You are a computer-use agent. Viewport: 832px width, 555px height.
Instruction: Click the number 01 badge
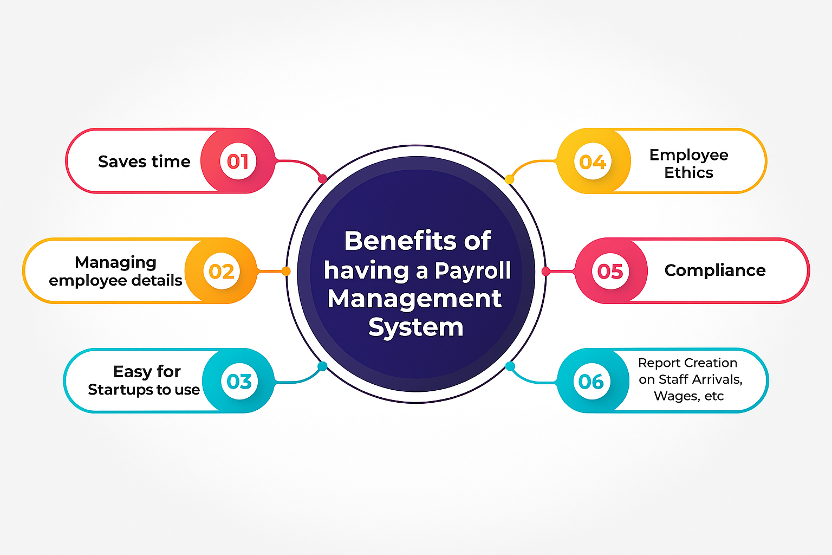[x=238, y=161]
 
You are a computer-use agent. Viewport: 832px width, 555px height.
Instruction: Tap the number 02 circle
[x=222, y=271]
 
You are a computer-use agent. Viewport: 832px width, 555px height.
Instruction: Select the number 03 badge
[x=239, y=381]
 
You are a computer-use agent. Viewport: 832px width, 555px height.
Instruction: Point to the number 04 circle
[x=593, y=161]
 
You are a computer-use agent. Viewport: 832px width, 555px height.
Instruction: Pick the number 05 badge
[x=610, y=271]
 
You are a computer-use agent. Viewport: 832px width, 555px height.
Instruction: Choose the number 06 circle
[x=591, y=381]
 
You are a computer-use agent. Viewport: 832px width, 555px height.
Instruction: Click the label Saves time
[x=144, y=162]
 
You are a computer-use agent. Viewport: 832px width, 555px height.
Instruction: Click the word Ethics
[x=688, y=172]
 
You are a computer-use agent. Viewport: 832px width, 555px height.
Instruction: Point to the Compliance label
[x=715, y=270]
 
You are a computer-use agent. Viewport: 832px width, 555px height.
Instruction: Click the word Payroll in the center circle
[x=472, y=270]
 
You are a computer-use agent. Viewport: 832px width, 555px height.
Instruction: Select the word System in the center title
[x=416, y=327]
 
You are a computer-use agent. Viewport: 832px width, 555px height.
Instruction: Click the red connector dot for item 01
[x=322, y=179]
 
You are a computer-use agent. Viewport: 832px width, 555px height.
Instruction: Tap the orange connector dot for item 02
[x=285, y=271]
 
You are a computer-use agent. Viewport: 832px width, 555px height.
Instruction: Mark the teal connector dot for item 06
[x=510, y=366]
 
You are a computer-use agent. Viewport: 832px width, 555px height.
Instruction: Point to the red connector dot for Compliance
[x=545, y=272]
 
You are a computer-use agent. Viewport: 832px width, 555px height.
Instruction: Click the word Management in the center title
[x=414, y=299]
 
